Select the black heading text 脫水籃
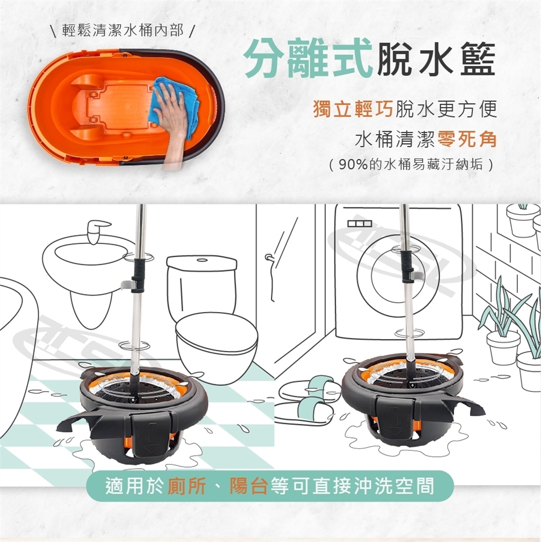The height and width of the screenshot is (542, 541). (436, 59)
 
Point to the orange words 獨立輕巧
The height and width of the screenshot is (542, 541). (353, 109)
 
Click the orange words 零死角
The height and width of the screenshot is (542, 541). (467, 139)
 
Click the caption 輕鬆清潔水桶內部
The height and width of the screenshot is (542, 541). (123, 31)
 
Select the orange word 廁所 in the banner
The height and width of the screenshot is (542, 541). (187, 486)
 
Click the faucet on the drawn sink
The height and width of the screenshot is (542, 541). (96, 231)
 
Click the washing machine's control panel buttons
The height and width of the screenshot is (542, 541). (360, 224)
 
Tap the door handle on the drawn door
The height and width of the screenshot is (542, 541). (269, 257)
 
